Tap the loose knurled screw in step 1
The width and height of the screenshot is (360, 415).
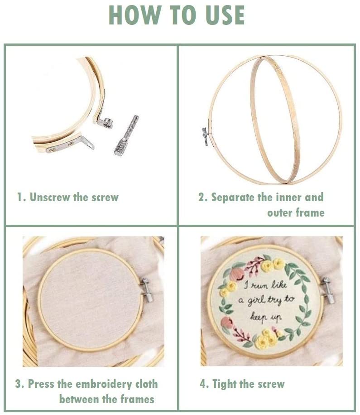(x=127, y=135)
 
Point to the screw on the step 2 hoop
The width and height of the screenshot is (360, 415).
(x=205, y=136)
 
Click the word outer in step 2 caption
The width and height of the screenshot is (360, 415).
(x=279, y=213)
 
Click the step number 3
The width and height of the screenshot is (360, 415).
(x=18, y=384)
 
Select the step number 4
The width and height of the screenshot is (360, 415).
(x=202, y=384)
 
